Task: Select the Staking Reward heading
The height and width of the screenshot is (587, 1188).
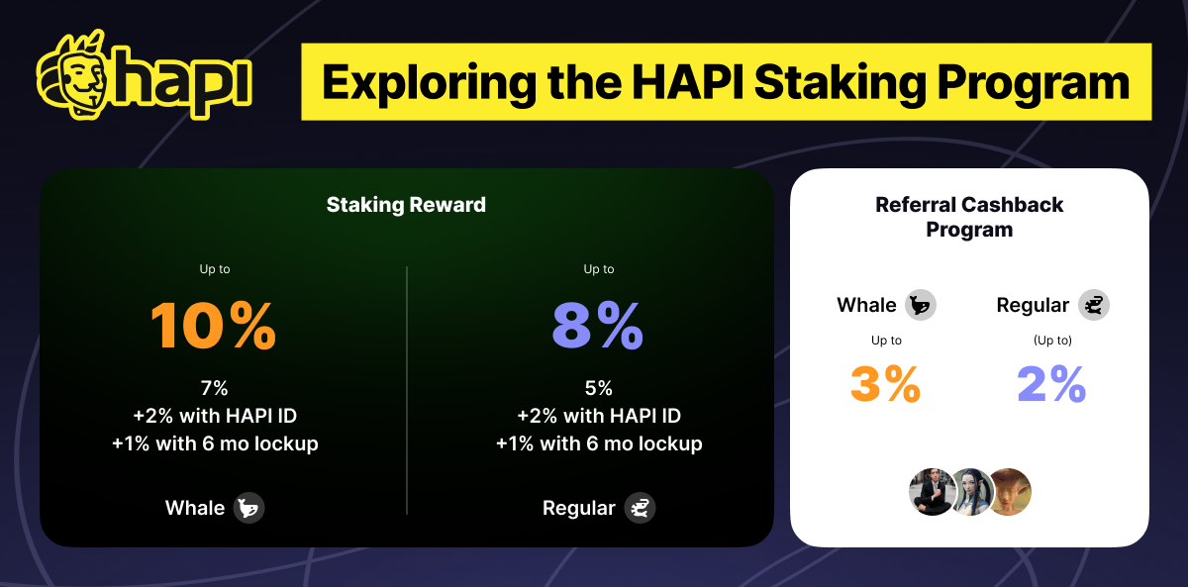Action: (x=406, y=205)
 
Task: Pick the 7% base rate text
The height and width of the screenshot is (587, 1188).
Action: (x=214, y=388)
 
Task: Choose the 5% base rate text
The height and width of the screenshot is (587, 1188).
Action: (x=598, y=388)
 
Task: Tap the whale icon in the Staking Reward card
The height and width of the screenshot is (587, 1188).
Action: (x=248, y=509)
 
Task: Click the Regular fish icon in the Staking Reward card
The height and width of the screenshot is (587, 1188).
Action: (x=640, y=509)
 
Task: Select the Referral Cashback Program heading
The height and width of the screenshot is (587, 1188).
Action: (x=969, y=217)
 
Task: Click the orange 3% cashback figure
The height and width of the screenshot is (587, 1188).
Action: (x=885, y=384)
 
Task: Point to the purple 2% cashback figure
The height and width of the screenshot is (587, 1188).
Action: (x=1051, y=384)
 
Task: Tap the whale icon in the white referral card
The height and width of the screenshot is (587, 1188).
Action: (x=921, y=305)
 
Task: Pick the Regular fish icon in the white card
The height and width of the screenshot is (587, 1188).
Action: (x=1094, y=305)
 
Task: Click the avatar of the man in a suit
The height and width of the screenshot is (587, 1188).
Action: (x=931, y=492)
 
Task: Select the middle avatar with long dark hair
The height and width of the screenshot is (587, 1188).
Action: (x=970, y=492)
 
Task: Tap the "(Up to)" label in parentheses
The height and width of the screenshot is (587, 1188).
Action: (x=1052, y=341)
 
